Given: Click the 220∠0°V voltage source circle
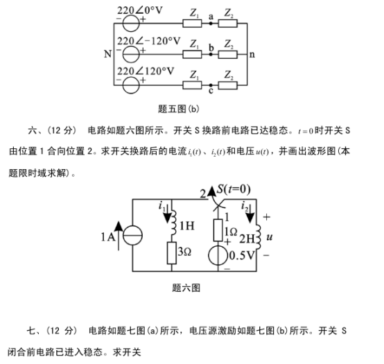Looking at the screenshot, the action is [x=131, y=24].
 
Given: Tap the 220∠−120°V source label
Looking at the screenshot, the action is [x=148, y=41].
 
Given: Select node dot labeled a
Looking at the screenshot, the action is [x=210, y=24].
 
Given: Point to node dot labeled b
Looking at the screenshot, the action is [x=211, y=54].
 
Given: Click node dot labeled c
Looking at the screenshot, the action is [x=211, y=85].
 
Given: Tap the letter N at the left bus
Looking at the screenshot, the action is [x=107, y=54].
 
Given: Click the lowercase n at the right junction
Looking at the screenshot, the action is [x=252, y=54].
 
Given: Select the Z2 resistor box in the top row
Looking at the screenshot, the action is [x=228, y=24].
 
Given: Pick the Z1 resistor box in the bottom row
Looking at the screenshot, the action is [x=192, y=85].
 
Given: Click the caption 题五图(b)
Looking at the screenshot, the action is [x=179, y=109].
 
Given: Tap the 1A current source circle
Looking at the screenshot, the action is [x=132, y=236].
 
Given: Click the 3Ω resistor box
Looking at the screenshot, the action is [x=172, y=253].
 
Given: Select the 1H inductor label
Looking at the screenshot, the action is [x=187, y=226].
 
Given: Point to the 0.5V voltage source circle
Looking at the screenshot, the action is [x=218, y=255].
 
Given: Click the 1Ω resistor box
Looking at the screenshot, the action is [x=218, y=230].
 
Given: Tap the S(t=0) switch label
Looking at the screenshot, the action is [x=234, y=189].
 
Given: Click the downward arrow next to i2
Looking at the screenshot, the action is [x=250, y=214].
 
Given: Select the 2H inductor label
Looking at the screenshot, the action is [x=247, y=239].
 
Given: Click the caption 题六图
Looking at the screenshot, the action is [x=186, y=288].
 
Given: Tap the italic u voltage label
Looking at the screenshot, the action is [x=270, y=237].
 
